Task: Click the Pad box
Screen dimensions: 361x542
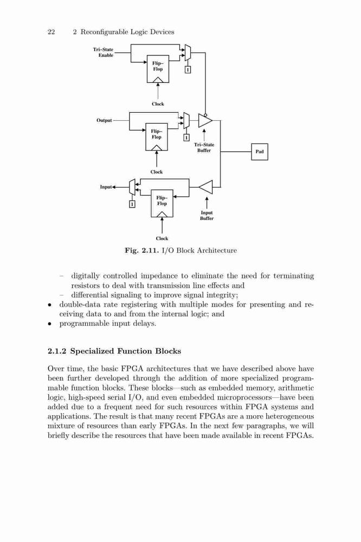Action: click(259, 151)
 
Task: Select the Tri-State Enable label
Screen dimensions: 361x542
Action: click(103, 52)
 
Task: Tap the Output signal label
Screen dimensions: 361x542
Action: click(104, 120)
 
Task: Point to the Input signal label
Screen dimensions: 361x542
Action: click(106, 186)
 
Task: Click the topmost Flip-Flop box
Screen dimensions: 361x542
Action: click(158, 69)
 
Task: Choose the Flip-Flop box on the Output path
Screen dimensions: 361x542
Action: click(157, 137)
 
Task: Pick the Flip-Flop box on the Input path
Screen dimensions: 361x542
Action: click(162, 203)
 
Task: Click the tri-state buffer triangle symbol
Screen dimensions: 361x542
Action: click(205, 120)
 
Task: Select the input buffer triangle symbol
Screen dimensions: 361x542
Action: click(206, 187)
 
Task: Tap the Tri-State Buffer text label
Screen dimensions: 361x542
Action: click(204, 147)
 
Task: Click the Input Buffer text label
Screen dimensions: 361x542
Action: click(207, 215)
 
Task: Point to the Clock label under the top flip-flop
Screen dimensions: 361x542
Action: click(158, 104)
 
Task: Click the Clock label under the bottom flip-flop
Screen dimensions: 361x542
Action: click(162, 238)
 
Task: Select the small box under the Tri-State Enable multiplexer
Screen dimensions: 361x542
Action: click(188, 70)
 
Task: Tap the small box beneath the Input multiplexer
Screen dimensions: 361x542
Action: click(132, 204)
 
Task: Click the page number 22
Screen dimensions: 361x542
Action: click(51, 32)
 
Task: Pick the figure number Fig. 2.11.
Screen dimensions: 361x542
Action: click(141, 250)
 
